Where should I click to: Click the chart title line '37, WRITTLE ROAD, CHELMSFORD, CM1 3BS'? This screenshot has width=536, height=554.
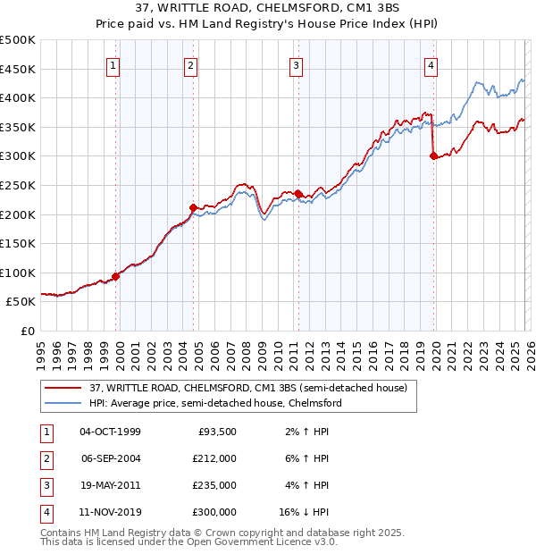(267, 10)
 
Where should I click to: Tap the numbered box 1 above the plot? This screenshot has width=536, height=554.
(114, 64)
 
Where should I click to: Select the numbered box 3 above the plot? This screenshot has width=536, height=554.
(296, 64)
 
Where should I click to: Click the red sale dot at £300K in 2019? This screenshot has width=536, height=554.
(433, 155)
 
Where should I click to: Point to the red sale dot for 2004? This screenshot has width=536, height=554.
(193, 207)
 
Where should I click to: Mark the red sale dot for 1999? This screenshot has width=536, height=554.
(115, 276)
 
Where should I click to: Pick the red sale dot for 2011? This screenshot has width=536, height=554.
(297, 194)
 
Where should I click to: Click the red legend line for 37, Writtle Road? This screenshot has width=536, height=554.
(63, 388)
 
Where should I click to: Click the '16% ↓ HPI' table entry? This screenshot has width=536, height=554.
(304, 513)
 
